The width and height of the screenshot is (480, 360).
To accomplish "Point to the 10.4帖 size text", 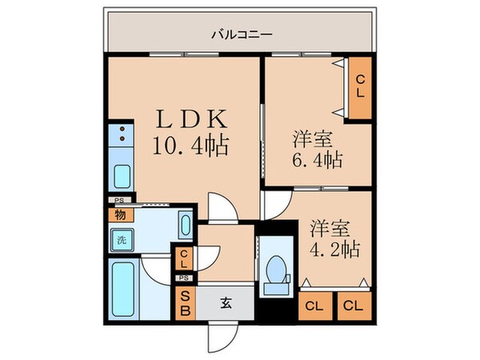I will click(x=192, y=146).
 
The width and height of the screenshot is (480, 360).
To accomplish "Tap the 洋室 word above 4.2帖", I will click(x=326, y=226).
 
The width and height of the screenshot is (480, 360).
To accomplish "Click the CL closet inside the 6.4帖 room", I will click(x=360, y=86).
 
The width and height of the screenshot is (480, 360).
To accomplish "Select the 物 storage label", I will click(x=119, y=214).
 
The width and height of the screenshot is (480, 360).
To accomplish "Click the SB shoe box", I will click(x=185, y=303).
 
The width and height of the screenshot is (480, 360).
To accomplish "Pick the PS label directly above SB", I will click(x=184, y=278).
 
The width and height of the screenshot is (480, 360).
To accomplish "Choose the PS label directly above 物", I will click(x=119, y=200).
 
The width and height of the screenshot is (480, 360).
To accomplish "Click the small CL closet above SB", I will click(x=184, y=258).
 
